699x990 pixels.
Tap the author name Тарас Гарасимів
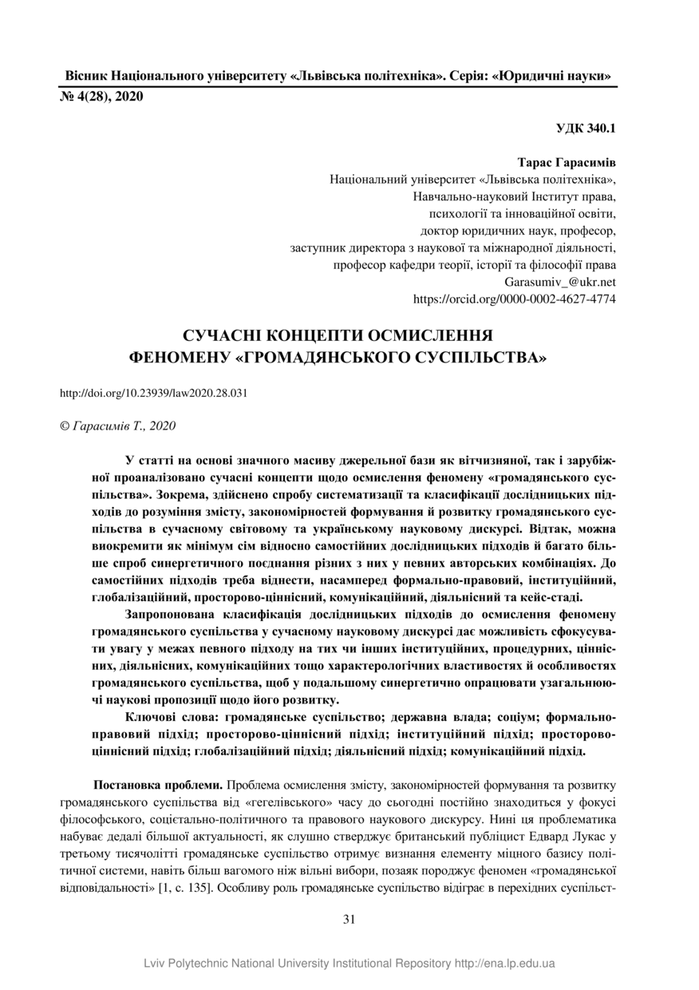pos(567,162)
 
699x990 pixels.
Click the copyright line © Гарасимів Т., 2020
pos(117,426)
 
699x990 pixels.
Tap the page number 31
pos(349,919)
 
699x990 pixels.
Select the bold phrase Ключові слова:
pos(172,716)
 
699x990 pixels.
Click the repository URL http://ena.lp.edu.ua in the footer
pos(505,963)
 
